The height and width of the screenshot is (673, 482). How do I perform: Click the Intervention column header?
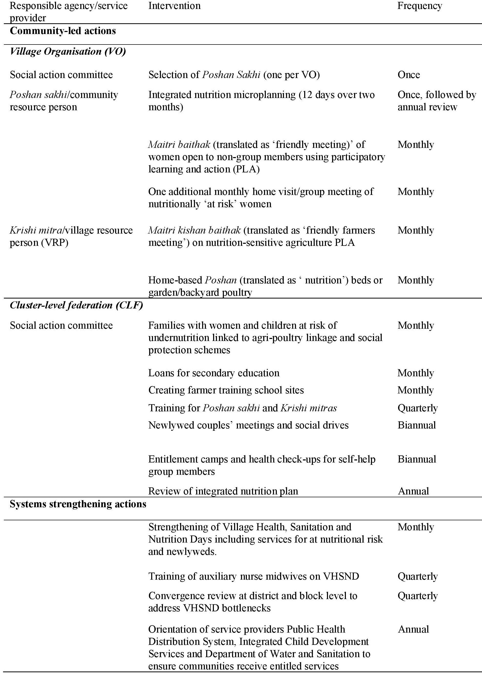174,6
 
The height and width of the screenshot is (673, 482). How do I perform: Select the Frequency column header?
420,6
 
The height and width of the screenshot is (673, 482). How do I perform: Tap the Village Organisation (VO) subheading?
68,51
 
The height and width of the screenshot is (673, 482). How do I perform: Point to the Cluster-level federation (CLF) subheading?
76,305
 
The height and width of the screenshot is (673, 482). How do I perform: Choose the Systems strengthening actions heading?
78,504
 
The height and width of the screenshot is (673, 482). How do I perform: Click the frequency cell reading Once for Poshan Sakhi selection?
409,74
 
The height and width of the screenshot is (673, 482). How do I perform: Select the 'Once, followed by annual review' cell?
436,101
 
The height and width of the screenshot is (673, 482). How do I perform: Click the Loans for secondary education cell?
214,373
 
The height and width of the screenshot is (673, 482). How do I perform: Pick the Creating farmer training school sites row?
226,390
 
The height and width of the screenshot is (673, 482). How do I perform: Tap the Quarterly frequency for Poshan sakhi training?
418,408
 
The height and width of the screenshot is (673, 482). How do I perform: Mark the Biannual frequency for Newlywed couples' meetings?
417,425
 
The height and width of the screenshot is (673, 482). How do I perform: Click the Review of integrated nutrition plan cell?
223,491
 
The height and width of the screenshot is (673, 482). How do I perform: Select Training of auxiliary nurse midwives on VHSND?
254,576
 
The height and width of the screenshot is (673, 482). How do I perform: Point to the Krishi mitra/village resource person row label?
71,236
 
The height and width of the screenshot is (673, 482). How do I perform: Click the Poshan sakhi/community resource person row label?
64,101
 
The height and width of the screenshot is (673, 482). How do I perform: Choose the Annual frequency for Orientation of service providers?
413,629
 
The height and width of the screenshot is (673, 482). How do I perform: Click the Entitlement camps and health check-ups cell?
262,465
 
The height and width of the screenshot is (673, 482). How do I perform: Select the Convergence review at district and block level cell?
253,602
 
